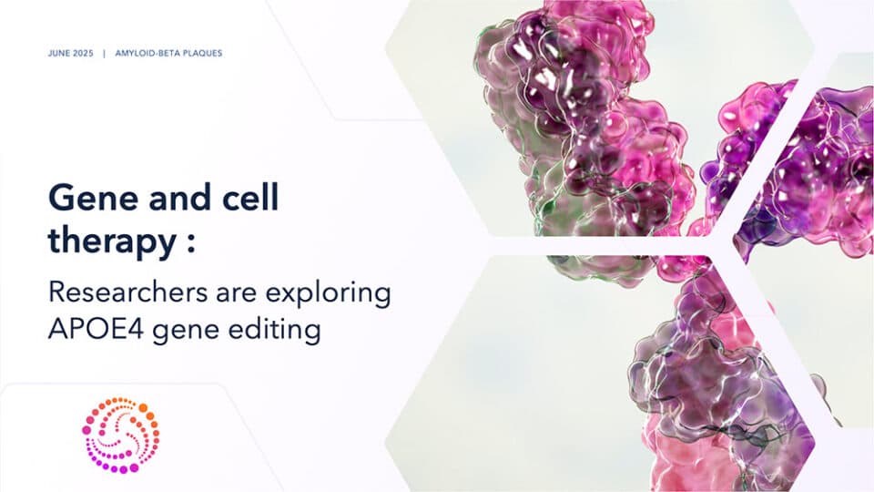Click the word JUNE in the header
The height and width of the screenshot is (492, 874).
(x=58, y=54)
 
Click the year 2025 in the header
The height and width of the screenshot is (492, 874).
(x=83, y=54)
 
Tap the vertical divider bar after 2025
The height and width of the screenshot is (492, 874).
(x=105, y=54)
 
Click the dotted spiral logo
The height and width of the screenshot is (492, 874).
(x=120, y=434)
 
